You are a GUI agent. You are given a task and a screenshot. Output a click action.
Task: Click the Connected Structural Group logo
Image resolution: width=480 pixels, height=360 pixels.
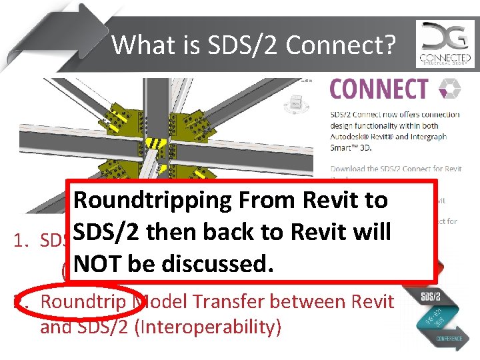point(445,44)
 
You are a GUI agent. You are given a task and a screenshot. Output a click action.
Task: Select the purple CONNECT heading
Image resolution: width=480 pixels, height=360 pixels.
point(379,89)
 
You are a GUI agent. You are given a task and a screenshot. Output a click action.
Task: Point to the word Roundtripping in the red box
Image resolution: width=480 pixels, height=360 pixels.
point(155,200)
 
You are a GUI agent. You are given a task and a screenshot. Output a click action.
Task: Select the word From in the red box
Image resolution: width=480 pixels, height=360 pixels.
point(272,200)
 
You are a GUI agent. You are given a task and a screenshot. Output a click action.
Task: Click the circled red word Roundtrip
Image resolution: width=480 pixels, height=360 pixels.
point(82,301)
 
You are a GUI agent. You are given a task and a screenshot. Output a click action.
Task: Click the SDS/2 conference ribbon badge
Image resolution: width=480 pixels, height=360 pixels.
point(434,313)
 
